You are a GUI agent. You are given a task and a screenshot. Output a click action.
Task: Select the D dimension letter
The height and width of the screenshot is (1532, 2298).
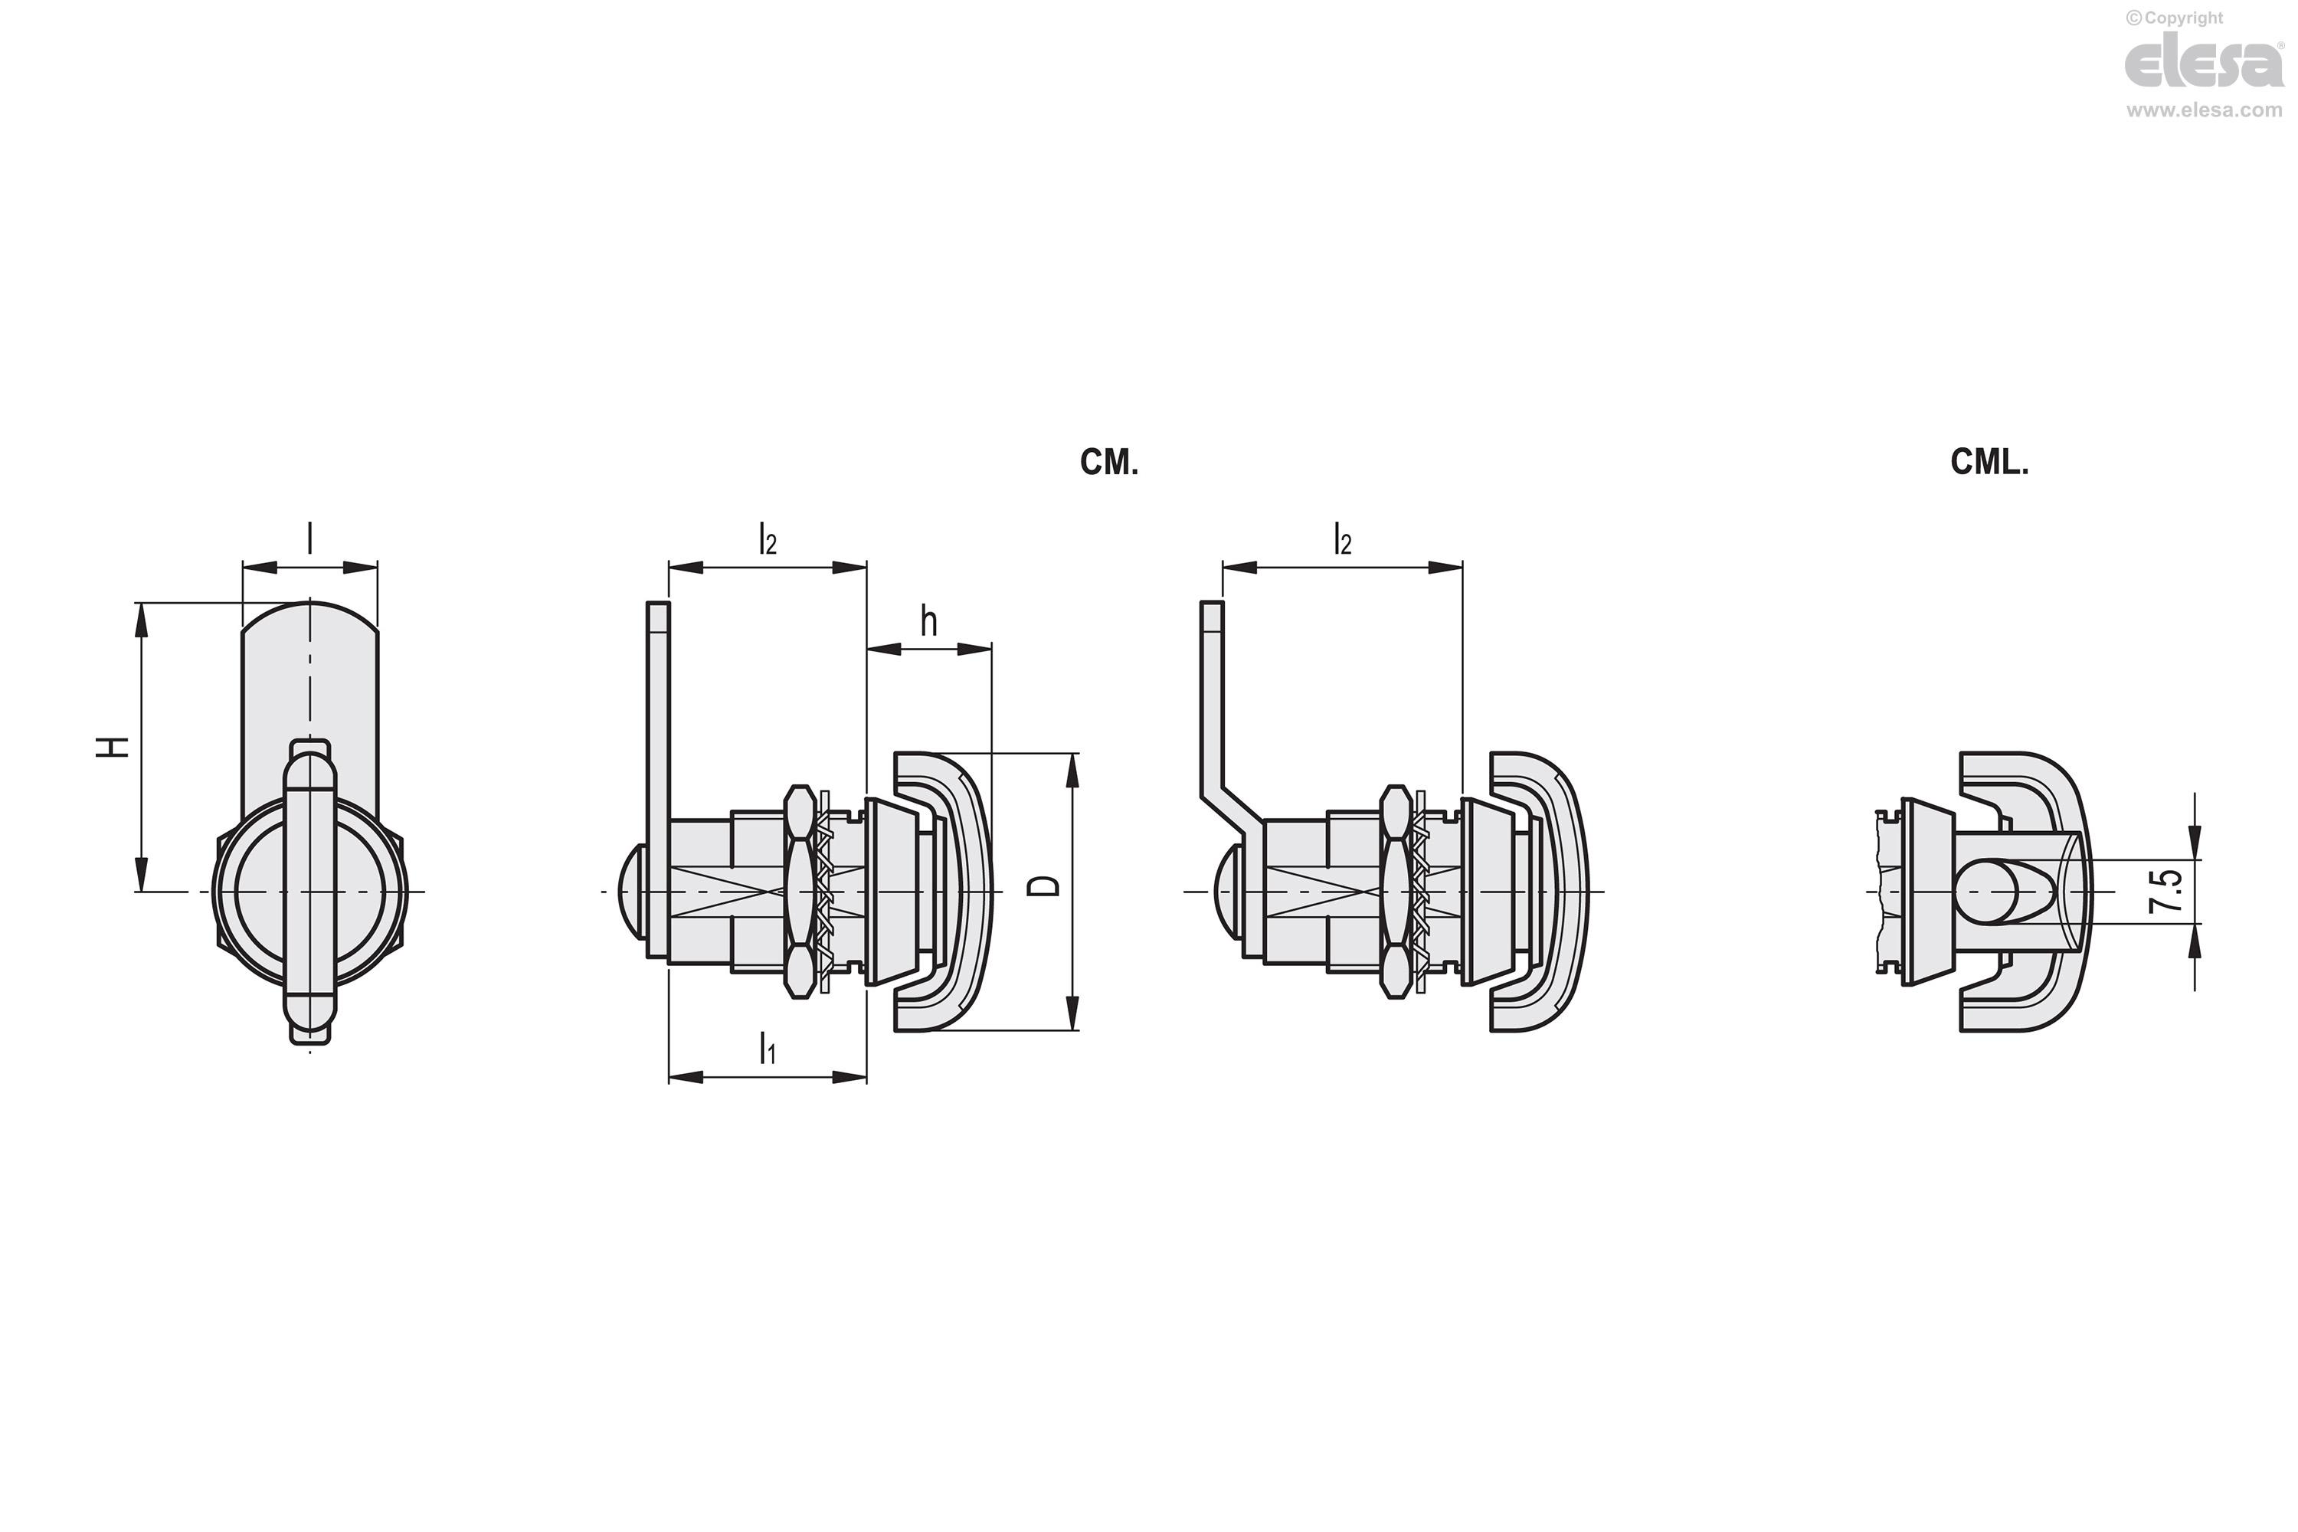[x=1046, y=886]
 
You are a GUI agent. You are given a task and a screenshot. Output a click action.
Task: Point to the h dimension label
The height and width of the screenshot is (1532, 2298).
[x=928, y=620]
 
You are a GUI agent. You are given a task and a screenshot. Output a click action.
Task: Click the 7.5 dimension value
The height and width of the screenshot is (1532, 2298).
[x=2165, y=891]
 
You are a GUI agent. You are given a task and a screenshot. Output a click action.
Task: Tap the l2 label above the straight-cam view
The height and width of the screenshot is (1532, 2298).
[x=768, y=539]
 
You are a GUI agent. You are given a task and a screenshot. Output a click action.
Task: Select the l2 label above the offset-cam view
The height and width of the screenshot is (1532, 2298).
[x=1343, y=539]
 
